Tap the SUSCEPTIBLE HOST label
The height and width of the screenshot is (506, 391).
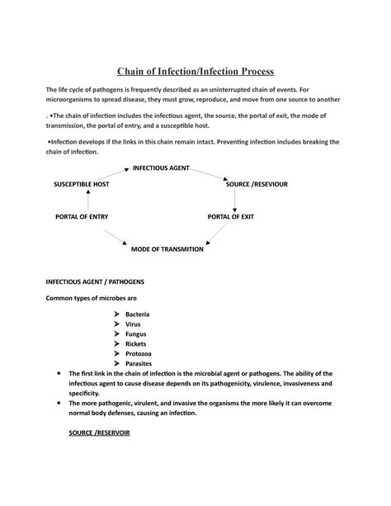81,184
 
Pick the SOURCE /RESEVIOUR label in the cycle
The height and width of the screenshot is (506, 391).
257,184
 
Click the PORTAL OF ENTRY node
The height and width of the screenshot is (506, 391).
81,216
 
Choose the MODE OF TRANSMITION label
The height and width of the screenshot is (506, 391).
167,248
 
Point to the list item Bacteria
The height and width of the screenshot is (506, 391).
138,315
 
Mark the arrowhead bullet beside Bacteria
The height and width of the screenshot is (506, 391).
116,315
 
